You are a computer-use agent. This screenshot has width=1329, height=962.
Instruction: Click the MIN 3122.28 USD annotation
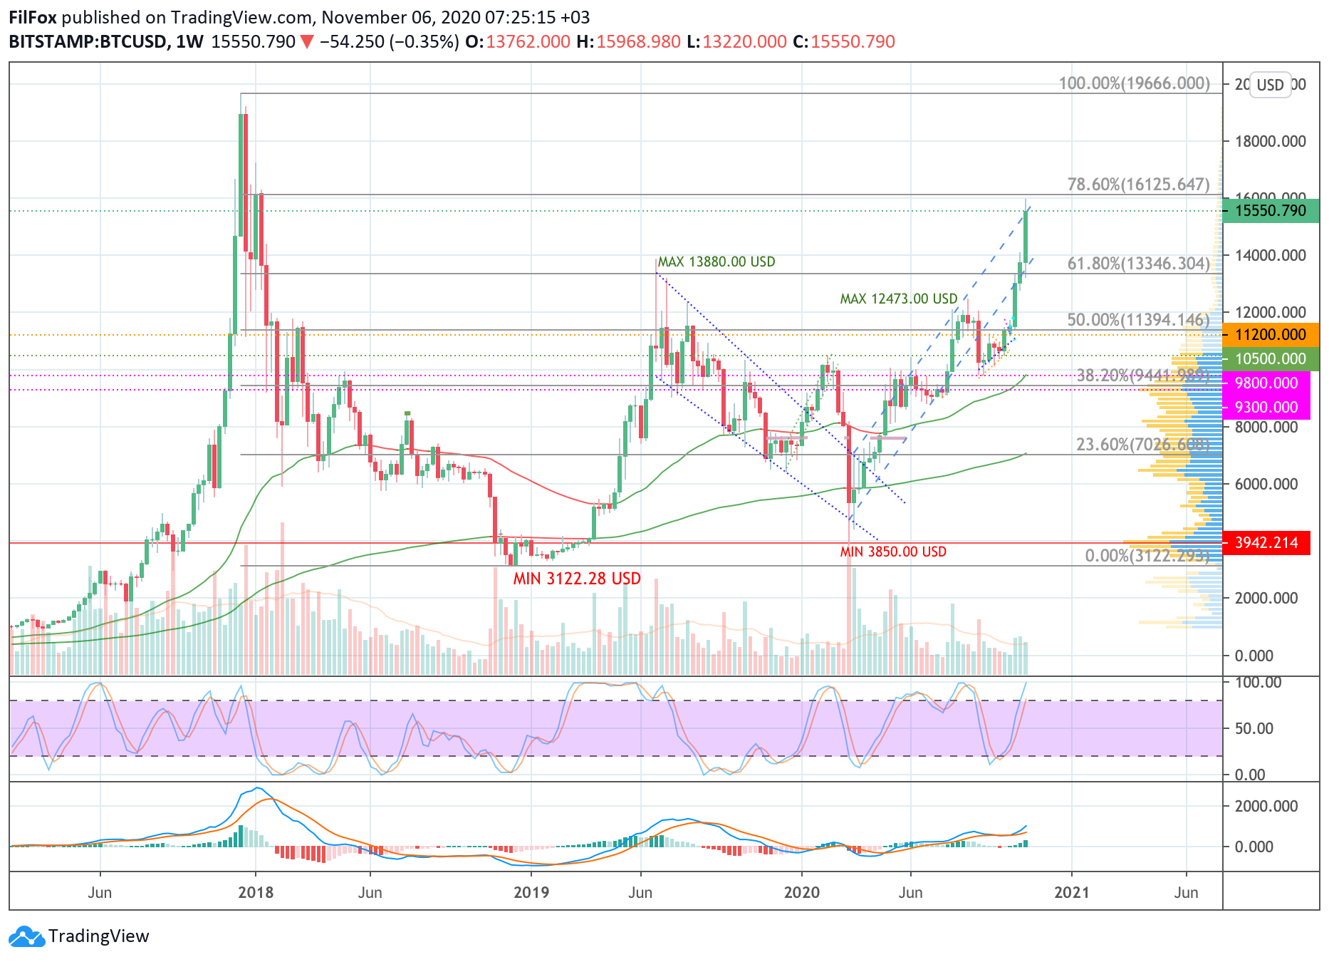point(577,579)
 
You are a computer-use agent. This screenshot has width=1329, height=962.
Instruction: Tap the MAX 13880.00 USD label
point(716,262)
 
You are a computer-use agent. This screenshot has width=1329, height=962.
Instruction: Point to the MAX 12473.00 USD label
point(898,299)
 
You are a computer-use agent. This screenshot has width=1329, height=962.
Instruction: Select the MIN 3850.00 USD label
point(893,552)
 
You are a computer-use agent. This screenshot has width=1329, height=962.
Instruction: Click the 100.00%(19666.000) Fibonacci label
point(1134,83)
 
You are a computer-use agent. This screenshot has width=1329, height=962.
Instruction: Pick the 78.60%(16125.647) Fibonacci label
point(1138,185)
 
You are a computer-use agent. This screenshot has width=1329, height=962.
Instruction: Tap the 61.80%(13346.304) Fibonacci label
point(1138,264)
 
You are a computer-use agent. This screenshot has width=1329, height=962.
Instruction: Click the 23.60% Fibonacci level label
point(1142,445)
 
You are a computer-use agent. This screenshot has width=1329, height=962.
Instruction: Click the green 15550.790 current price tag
point(1270,211)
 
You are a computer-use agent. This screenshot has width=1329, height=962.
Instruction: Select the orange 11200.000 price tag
point(1270,335)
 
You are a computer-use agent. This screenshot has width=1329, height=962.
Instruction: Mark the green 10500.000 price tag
point(1270,359)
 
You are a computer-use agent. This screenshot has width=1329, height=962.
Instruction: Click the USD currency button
point(1270,86)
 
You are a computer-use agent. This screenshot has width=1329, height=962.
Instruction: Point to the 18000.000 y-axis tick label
point(1271,141)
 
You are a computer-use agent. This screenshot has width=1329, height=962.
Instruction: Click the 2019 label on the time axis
point(531,892)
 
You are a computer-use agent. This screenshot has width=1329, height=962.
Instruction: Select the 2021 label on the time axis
point(1071,892)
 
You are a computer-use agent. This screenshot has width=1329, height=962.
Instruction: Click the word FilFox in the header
point(33,17)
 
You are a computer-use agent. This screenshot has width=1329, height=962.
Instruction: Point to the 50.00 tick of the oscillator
point(1254,728)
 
